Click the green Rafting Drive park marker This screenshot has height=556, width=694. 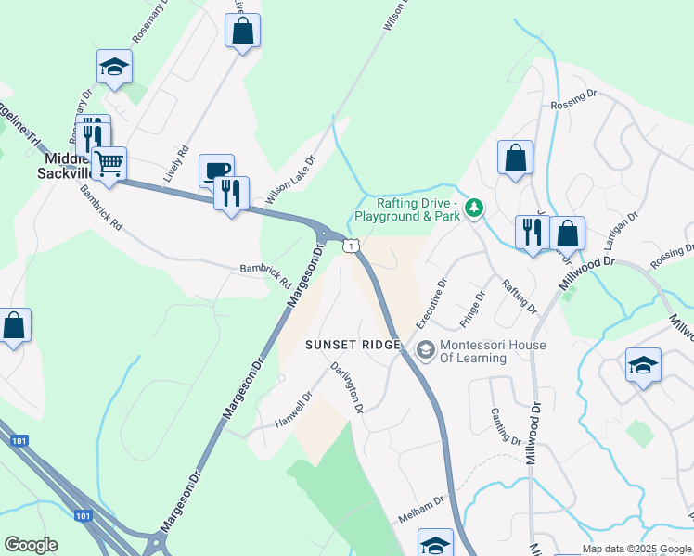(474, 206)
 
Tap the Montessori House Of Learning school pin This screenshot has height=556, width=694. (426, 349)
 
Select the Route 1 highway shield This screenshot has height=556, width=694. (350, 245)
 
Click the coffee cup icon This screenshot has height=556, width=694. (216, 171)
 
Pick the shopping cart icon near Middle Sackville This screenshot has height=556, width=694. (109, 164)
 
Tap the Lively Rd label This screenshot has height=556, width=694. (175, 163)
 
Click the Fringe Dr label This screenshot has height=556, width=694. (473, 310)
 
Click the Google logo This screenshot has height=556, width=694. (31, 545)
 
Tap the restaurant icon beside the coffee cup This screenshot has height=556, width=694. (231, 193)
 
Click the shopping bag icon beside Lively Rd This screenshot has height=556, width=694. (242, 31)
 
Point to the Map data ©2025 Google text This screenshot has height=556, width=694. (636, 549)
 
